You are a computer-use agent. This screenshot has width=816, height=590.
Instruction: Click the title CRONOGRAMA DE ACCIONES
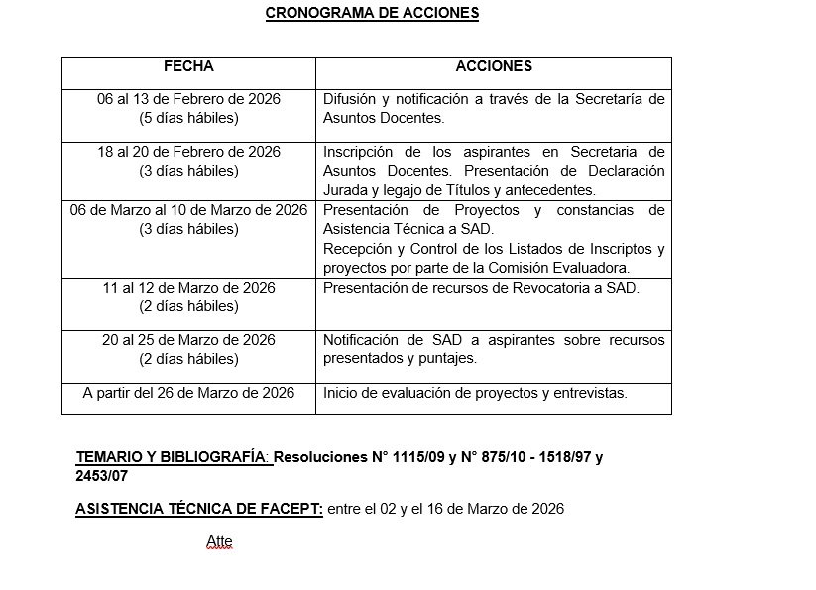(x=372, y=13)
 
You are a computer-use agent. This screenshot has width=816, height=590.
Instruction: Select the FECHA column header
(x=188, y=67)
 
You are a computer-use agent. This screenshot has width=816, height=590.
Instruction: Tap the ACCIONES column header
(x=493, y=67)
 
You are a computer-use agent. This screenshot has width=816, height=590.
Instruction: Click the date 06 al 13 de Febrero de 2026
(x=188, y=99)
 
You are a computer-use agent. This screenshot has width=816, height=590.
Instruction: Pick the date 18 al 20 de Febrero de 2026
(x=188, y=152)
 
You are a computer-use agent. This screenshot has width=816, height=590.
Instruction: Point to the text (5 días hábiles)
(x=188, y=118)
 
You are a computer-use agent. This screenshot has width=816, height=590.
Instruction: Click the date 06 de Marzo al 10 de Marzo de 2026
(x=188, y=210)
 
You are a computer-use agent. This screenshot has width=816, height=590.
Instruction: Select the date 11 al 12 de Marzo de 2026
(x=188, y=288)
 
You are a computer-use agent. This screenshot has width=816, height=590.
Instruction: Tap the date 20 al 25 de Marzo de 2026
(x=188, y=340)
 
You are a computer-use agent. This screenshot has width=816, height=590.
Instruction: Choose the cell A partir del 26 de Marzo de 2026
(x=188, y=393)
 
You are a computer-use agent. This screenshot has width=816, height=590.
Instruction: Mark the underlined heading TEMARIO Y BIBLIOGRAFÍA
(x=172, y=458)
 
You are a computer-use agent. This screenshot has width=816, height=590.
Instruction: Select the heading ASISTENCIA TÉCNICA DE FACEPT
(x=198, y=509)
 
